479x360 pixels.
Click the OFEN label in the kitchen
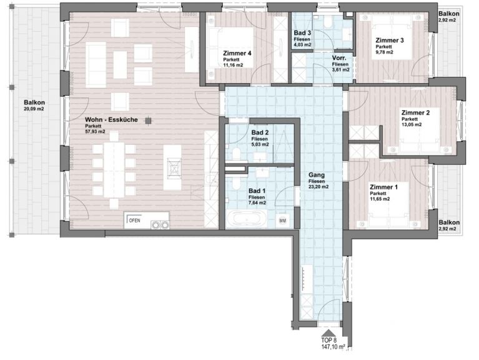tap(134, 221)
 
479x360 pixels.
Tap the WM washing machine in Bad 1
tap(282, 221)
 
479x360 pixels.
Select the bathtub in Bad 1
tap(246, 219)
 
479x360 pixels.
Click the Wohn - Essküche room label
tap(111, 120)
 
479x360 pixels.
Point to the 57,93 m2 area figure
tap(95, 132)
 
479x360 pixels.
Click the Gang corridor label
tap(317, 175)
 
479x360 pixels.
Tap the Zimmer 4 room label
tap(237, 53)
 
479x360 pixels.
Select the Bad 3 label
tap(302, 33)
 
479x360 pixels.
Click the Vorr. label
tap(339, 58)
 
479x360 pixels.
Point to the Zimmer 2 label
tap(415, 112)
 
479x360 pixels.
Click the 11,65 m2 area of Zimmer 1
tap(380, 199)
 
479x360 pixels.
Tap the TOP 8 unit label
tap(328, 340)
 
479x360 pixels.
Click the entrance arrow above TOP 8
tap(328, 332)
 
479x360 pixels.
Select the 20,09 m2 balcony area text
tap(34, 109)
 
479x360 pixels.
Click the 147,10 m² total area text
tap(333, 347)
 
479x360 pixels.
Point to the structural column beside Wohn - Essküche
tap(148, 121)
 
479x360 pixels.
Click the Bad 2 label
tap(260, 132)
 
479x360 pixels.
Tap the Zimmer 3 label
tap(390, 41)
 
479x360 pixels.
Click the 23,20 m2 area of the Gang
tap(319, 187)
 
